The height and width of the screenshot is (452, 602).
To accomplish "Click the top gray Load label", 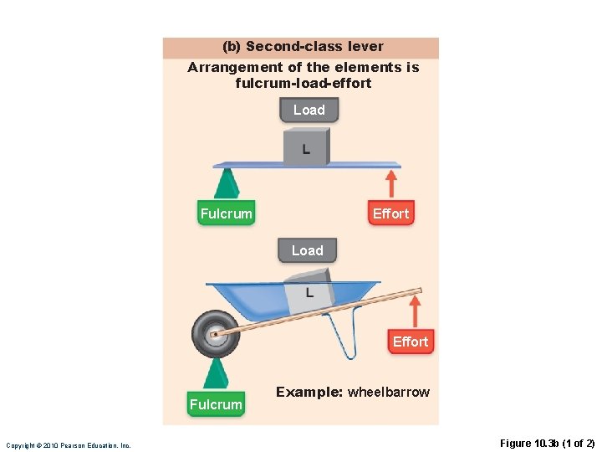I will [x=309, y=110].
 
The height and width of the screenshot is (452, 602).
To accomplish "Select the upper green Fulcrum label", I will [x=226, y=213].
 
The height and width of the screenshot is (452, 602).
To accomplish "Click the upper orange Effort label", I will [x=390, y=213].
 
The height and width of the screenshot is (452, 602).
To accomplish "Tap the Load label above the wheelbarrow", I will [x=307, y=250].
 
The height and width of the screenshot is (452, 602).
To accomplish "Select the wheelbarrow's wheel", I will [x=215, y=334].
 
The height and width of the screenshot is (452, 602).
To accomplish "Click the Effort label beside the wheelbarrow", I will [x=411, y=342].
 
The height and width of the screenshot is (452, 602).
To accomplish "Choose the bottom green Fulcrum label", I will [x=216, y=404].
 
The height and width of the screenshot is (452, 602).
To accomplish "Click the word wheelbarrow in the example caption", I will [x=389, y=392].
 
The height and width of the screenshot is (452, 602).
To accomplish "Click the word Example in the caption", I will [x=309, y=392].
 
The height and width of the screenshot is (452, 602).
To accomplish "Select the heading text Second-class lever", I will [x=314, y=47].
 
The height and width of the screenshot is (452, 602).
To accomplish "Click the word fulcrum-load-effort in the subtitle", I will [x=304, y=83].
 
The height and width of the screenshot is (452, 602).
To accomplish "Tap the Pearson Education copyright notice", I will [x=69, y=445].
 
